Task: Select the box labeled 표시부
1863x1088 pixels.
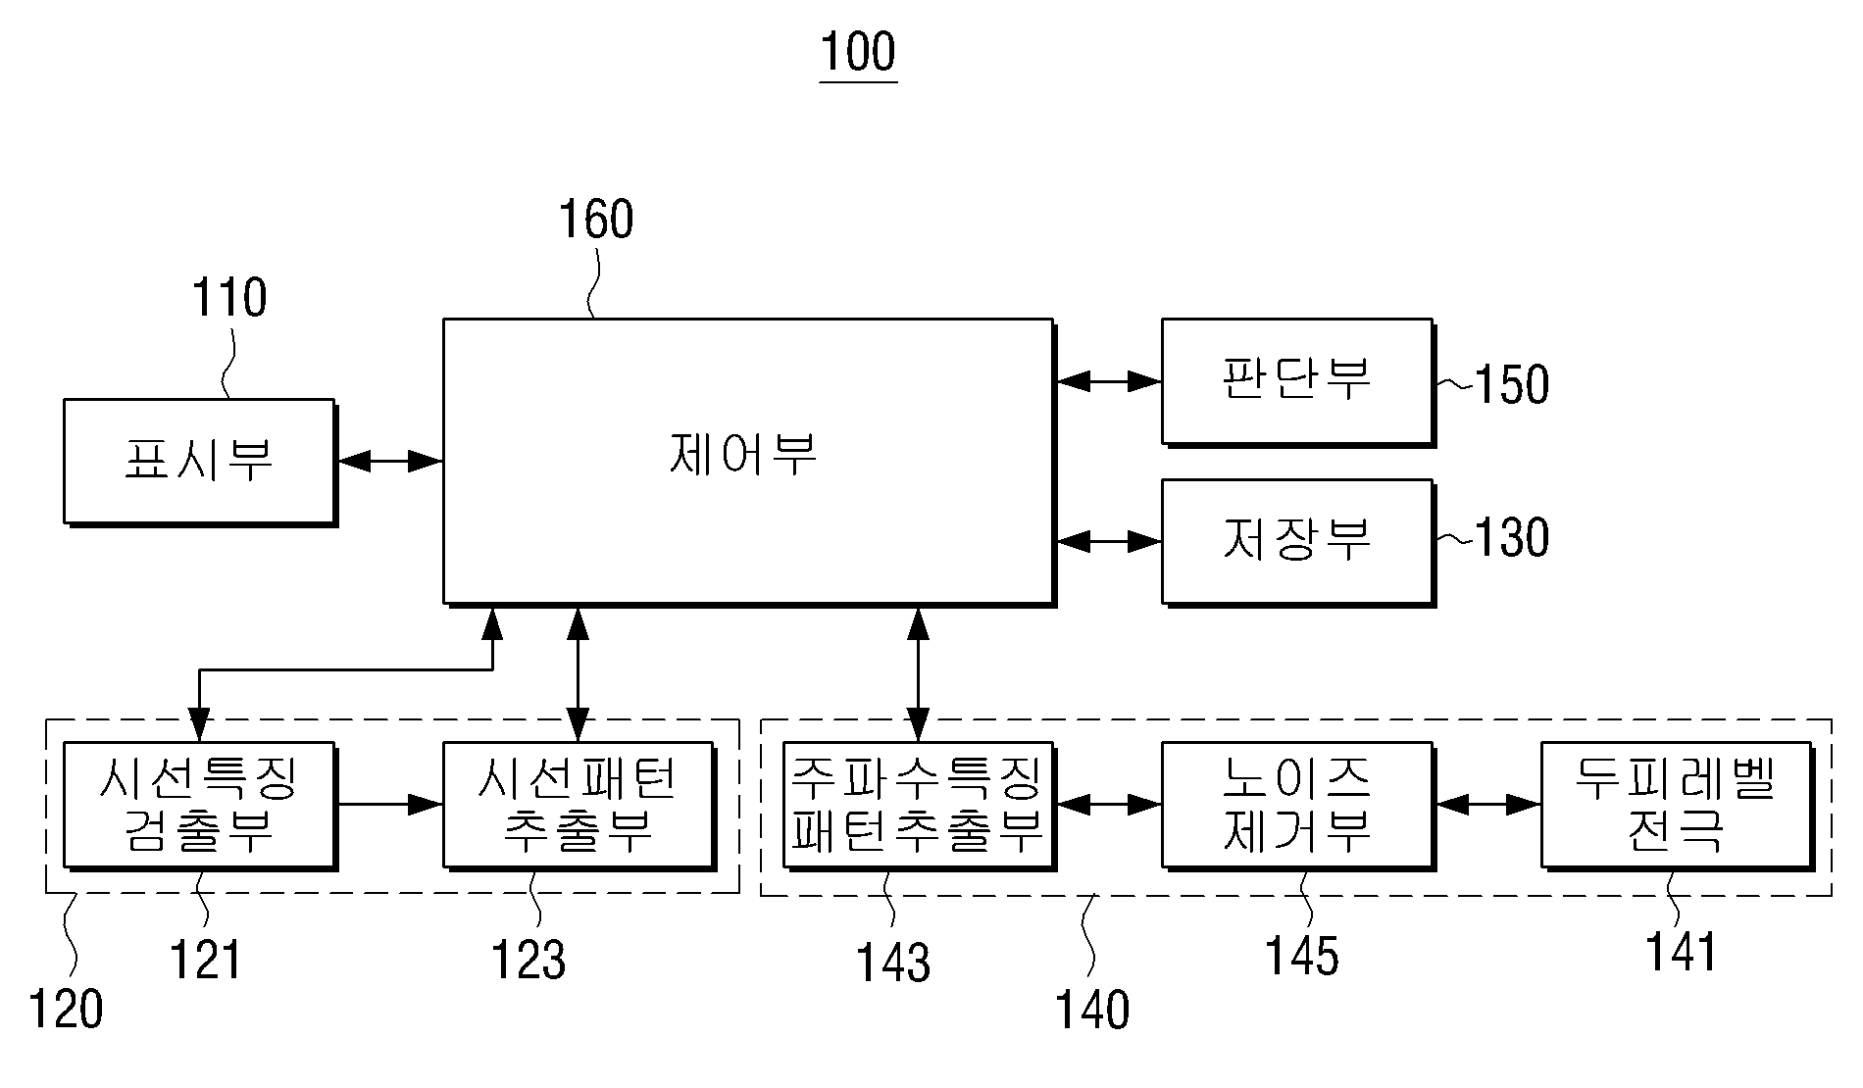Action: pos(200,462)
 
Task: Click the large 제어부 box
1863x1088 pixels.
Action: pos(749,462)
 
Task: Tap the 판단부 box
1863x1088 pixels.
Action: pos(1298,382)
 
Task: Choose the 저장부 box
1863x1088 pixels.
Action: pos(1298,542)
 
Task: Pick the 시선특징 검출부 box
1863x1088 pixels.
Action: pos(200,806)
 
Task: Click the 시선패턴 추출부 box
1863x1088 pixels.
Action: pos(579,806)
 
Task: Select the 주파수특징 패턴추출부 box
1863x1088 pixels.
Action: pos(919,806)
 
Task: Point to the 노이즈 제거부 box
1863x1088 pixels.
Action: pos(1298,806)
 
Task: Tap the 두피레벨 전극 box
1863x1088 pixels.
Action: pos(1677,806)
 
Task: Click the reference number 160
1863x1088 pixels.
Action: pos(596,220)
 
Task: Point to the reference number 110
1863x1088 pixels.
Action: pos(229,298)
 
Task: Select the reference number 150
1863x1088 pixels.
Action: pos(1512,385)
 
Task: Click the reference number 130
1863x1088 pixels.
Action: pos(1512,538)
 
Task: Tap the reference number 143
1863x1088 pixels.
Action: pos(893,963)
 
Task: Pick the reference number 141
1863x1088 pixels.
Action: pos(1682,952)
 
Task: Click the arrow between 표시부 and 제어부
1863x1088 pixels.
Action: pos(390,461)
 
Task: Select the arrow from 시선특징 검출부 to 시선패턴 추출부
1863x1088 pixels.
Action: pos(390,805)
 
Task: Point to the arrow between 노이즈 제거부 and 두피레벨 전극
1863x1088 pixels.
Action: pos(1488,805)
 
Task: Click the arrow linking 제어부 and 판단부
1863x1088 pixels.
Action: pos(1109,380)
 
